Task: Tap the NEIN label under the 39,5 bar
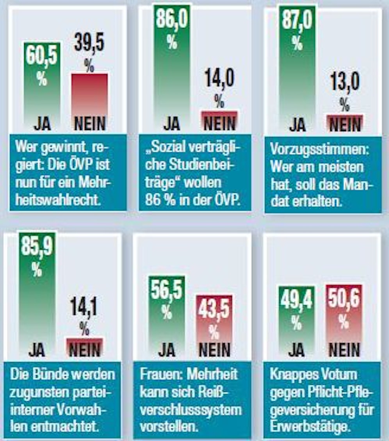point(89,124)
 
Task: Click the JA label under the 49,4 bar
point(296,350)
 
